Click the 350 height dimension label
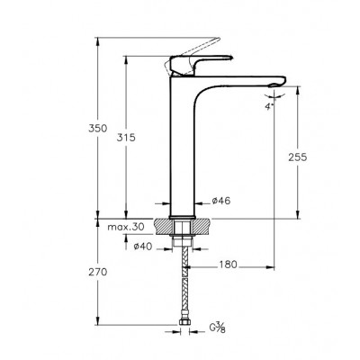coord(97,129)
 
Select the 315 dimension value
coord(126,138)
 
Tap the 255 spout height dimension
coord(298,157)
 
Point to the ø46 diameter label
coord(221,201)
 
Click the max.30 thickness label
coord(126,227)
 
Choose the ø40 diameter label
coord(143,247)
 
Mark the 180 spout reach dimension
coord(228,265)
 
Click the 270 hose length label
coord(97,272)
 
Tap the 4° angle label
coord(269,107)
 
